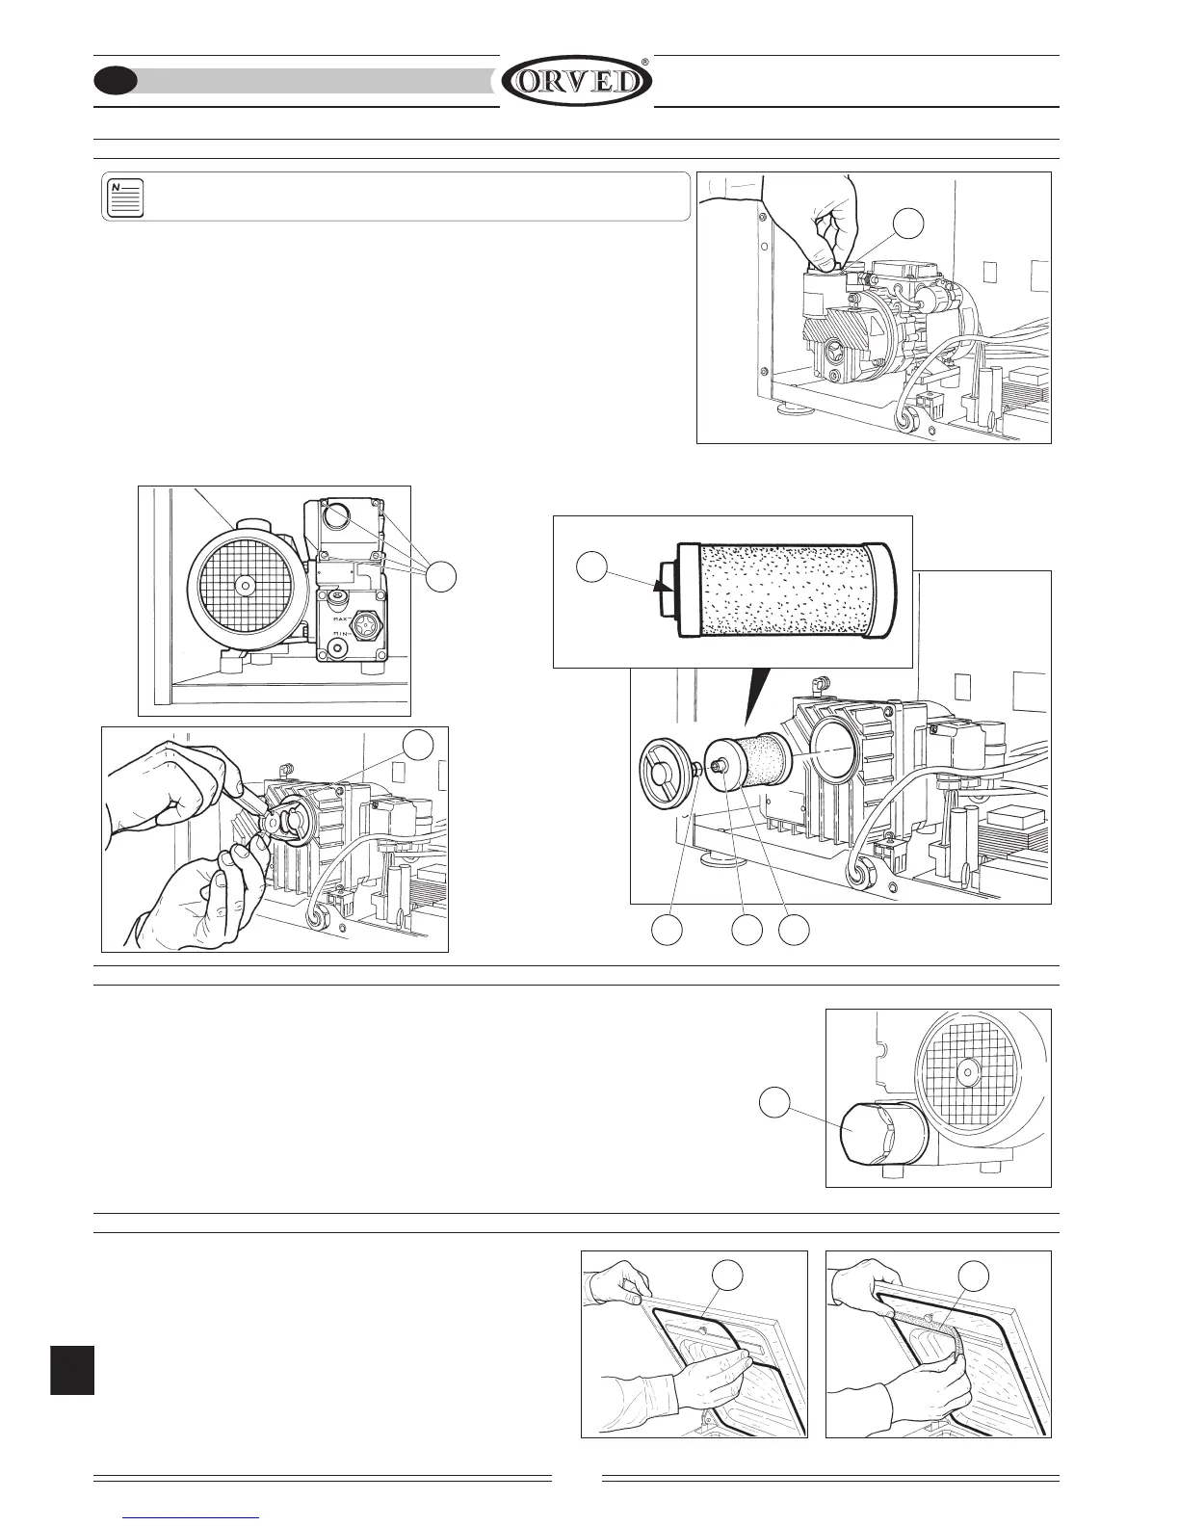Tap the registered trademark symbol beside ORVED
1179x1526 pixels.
tap(644, 62)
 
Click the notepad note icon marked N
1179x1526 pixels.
tap(124, 197)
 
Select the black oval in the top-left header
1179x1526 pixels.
tap(115, 82)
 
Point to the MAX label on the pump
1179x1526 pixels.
tap(340, 607)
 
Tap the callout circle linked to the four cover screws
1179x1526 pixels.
tap(441, 576)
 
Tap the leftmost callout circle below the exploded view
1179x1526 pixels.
tap(667, 930)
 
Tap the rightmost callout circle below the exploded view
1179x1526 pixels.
tap(794, 930)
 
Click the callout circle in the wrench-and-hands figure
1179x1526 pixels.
tap(416, 744)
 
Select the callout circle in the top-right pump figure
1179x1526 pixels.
tap(908, 224)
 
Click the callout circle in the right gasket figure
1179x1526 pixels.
tap(974, 1276)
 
